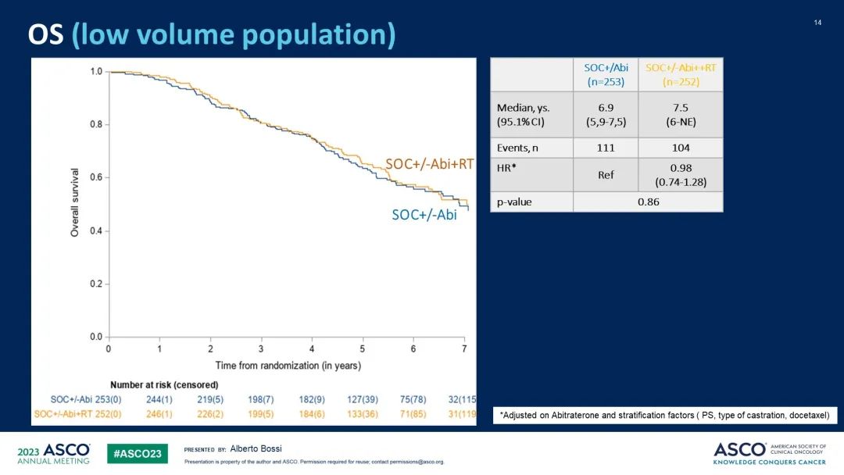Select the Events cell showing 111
[x=605, y=148]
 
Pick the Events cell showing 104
[x=681, y=148]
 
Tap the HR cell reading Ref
[x=605, y=174]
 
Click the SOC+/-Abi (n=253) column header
[x=606, y=74]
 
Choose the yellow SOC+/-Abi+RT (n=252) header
[x=681, y=74]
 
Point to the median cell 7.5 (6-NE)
[x=681, y=115]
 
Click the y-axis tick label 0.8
[x=95, y=124]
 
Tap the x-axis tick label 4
[x=312, y=348]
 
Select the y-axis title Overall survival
[x=75, y=202]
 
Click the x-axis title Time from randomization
[x=288, y=366]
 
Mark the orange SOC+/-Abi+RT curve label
[x=429, y=164]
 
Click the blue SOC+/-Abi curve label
[x=424, y=214]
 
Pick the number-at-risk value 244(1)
[x=159, y=399]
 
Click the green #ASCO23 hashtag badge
[x=138, y=454]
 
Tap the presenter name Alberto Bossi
[x=256, y=448]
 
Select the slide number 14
[x=817, y=22]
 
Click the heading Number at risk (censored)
[x=164, y=384]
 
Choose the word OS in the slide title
[x=46, y=35]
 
